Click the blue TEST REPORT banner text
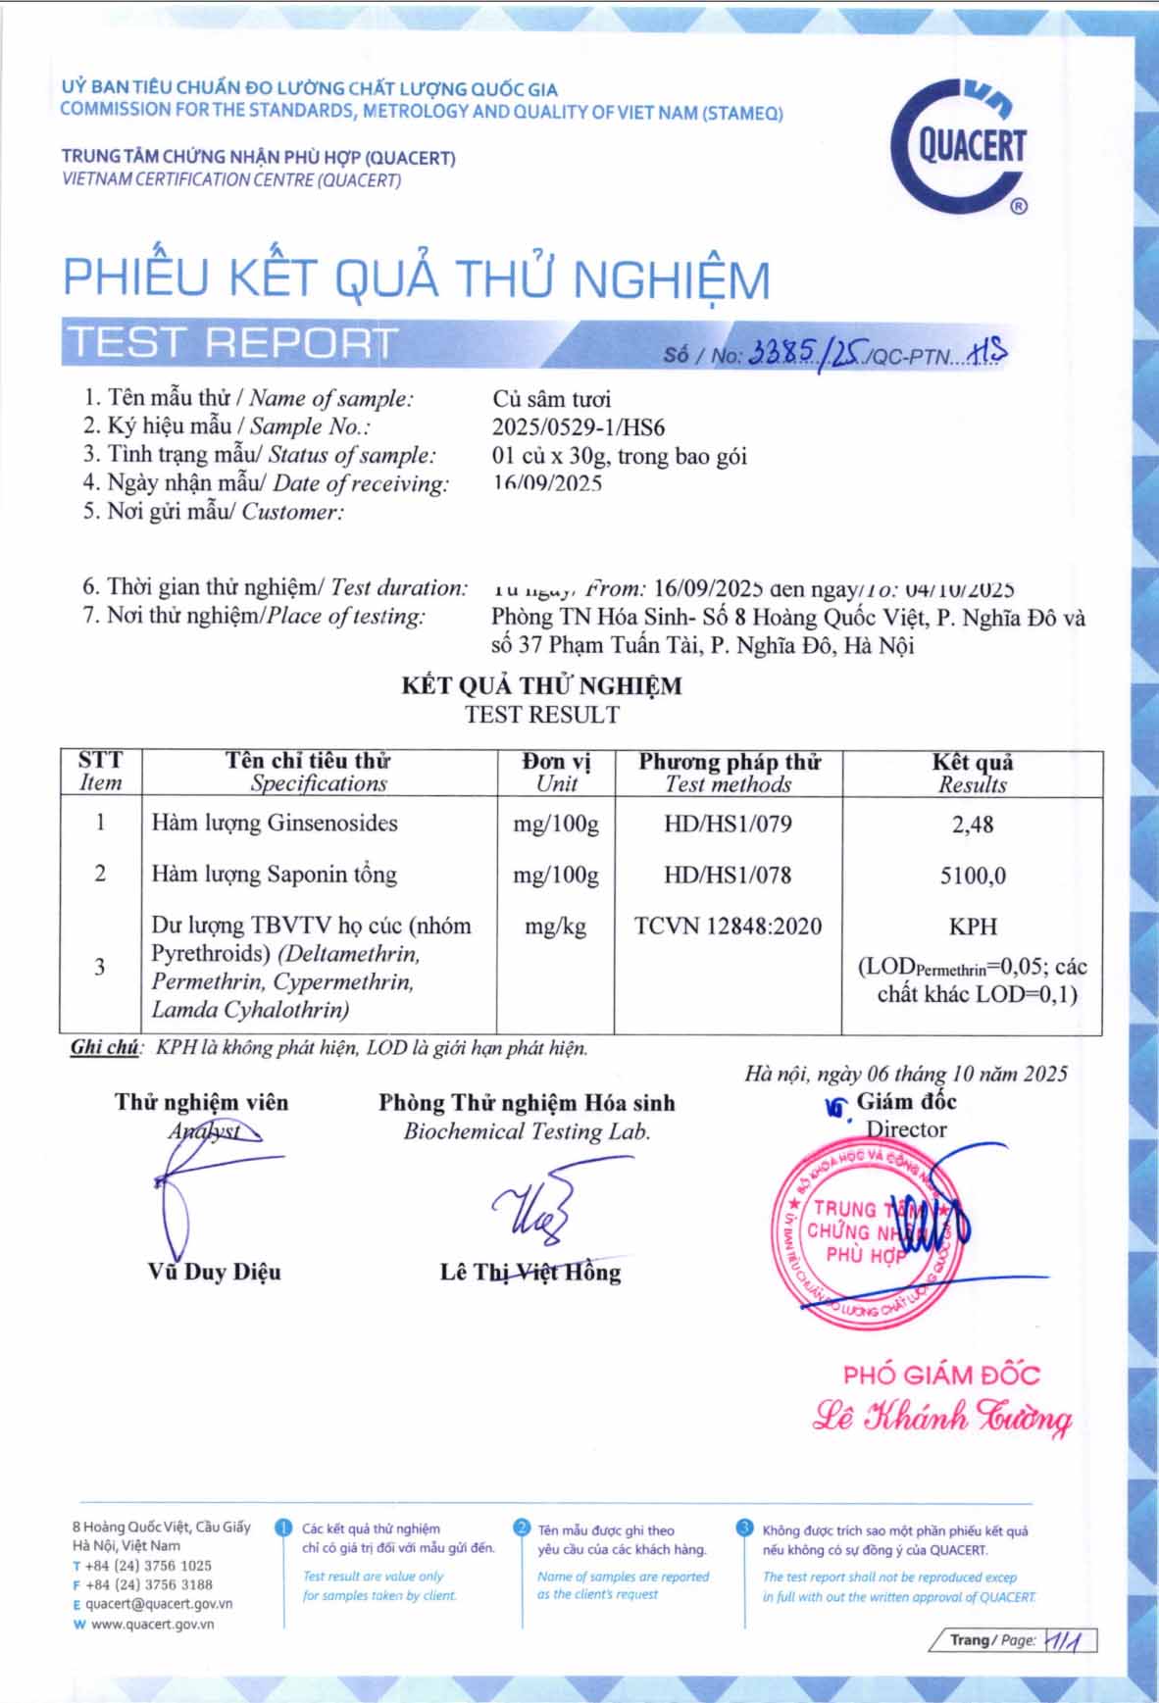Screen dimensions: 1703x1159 231,342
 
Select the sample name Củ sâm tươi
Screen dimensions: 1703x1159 551,399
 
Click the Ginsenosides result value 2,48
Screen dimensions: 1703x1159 972,825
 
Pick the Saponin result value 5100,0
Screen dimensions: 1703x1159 972,876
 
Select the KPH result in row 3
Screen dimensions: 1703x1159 972,927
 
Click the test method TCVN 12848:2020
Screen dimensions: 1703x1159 728,927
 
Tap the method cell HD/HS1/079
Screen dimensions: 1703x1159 728,825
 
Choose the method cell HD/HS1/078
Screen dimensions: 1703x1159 728,876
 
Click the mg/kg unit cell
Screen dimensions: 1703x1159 555,927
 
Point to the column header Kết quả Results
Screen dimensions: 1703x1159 972,773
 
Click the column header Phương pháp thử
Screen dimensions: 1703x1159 729,762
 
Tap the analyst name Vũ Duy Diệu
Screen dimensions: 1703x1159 214,1272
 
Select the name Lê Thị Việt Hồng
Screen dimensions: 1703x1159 529,1273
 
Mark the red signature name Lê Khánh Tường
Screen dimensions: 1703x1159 941,1418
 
